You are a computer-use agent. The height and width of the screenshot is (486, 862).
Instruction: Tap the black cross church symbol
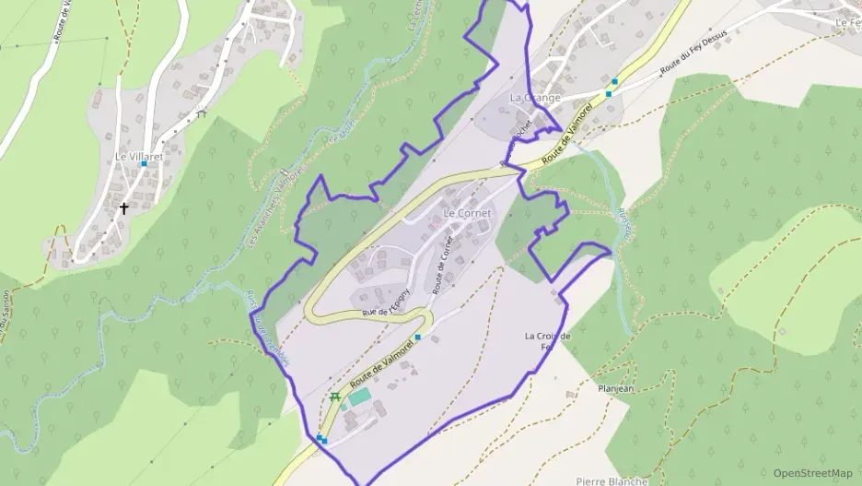pyautogui.click(x=123, y=209)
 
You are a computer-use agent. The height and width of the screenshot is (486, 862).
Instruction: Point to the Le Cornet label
pyautogui.click(x=468, y=214)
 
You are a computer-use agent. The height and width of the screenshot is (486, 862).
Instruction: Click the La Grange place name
pyautogui.click(x=535, y=98)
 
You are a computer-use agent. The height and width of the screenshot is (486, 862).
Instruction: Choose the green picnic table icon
pyautogui.click(x=334, y=397)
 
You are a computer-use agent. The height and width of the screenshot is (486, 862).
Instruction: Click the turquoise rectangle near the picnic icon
pyautogui.click(x=359, y=396)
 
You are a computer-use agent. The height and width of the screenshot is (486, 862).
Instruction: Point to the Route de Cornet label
pyautogui.click(x=443, y=265)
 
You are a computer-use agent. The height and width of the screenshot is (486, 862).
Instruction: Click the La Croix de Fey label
pyautogui.click(x=547, y=341)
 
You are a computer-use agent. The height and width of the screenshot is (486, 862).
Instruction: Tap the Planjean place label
pyautogui.click(x=616, y=388)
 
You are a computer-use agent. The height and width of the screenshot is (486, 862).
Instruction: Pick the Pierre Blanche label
pyautogui.click(x=612, y=480)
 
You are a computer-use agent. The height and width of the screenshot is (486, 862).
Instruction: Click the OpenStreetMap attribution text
pyautogui.click(x=812, y=473)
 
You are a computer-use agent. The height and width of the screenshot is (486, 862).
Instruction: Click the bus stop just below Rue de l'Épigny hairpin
pyautogui.click(x=417, y=338)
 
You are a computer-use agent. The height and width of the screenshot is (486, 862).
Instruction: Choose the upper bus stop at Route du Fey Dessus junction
pyautogui.click(x=614, y=82)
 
